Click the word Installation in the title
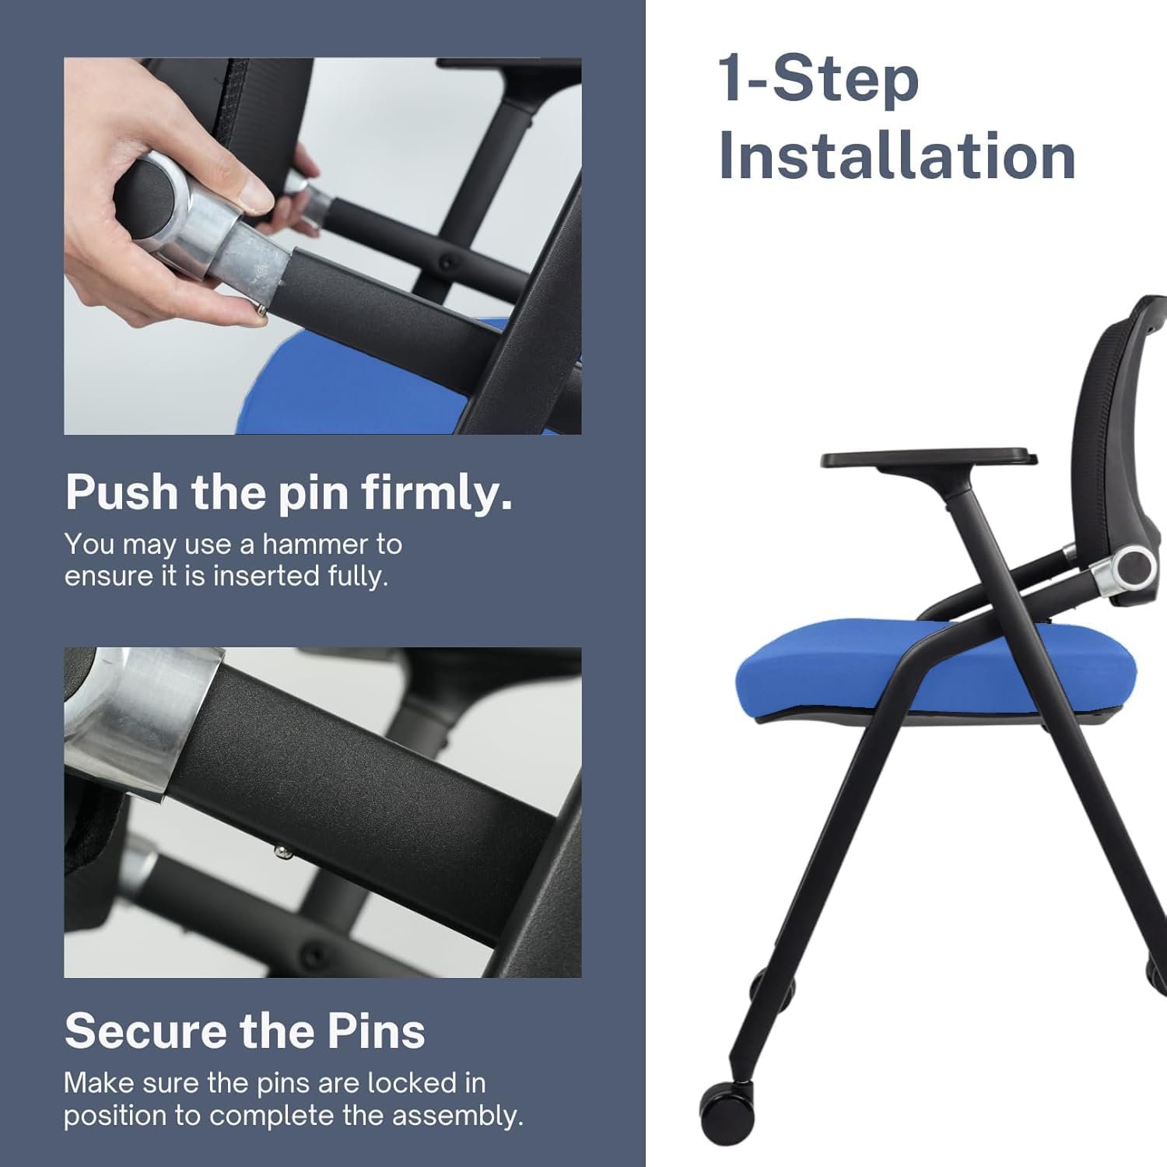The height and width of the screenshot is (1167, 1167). tap(897, 156)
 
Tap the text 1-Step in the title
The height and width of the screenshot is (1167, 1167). tap(819, 79)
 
